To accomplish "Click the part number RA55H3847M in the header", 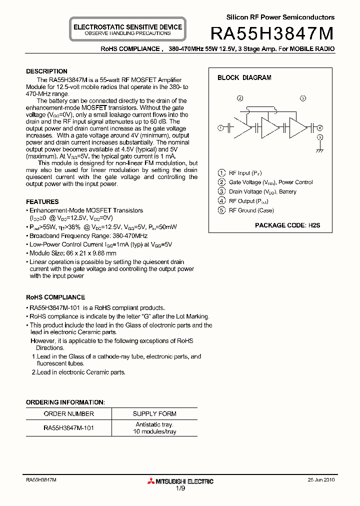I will point(272,33).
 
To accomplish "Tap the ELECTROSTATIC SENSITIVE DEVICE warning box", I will point(127,29).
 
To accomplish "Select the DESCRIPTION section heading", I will point(46,71).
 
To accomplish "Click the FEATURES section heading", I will point(42,202).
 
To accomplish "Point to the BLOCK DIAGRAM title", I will point(244,78).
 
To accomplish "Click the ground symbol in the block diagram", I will point(320,149).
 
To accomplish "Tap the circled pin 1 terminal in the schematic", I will point(220,128).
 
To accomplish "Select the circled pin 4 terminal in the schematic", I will point(320,128).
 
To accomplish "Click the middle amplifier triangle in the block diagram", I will point(270,128).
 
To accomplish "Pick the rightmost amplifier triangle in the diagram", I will point(298,128).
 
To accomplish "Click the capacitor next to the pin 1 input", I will point(230,128).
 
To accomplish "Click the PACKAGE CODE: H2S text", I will point(287,225).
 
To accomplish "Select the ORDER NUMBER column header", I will point(68,414).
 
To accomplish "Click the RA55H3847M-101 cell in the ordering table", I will point(68,428).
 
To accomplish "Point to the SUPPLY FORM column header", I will point(154,414).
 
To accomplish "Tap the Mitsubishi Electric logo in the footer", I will point(180,481).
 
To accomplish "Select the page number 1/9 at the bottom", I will point(180,490).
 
